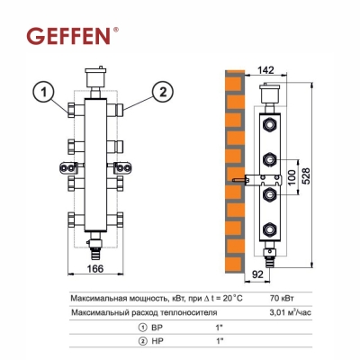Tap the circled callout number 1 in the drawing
(x=44, y=92)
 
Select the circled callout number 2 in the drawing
(x=163, y=92)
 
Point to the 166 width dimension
(x=95, y=268)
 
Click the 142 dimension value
(x=265, y=70)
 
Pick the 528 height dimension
(x=305, y=176)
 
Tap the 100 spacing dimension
(x=292, y=177)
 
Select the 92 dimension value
(x=257, y=274)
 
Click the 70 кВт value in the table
(x=282, y=299)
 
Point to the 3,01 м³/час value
(x=291, y=312)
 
